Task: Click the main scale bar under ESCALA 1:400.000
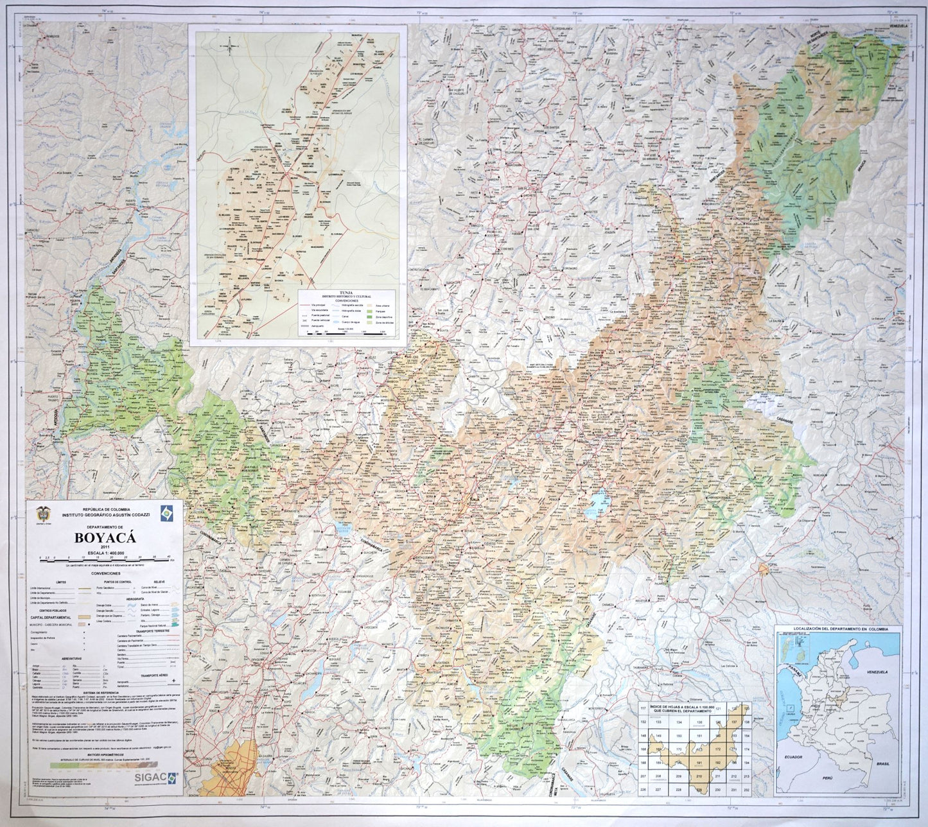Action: point(107,560)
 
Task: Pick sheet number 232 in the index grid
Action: point(746,788)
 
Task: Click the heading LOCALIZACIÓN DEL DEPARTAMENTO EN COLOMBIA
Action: point(837,630)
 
